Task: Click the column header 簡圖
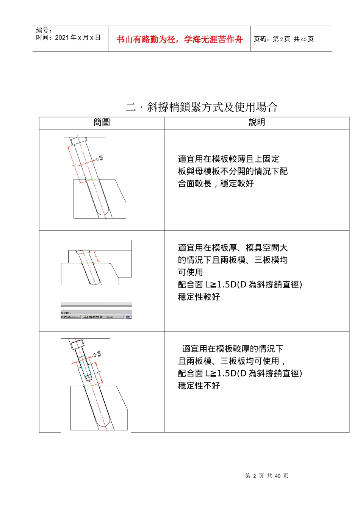(x=102, y=122)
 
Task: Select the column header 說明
(x=257, y=122)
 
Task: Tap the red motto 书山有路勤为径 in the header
(x=179, y=39)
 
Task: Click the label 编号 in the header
(x=44, y=30)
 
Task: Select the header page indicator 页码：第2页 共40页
(x=283, y=39)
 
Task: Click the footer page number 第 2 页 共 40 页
(x=266, y=476)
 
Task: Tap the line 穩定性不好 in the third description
(x=199, y=386)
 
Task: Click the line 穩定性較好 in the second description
(x=199, y=297)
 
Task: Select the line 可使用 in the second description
(x=191, y=272)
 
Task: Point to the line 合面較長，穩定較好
(x=216, y=184)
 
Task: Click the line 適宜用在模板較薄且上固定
(x=229, y=159)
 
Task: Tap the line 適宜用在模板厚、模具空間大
(x=233, y=248)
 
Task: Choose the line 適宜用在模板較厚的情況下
(x=232, y=349)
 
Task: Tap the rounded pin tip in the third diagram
(x=103, y=422)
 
